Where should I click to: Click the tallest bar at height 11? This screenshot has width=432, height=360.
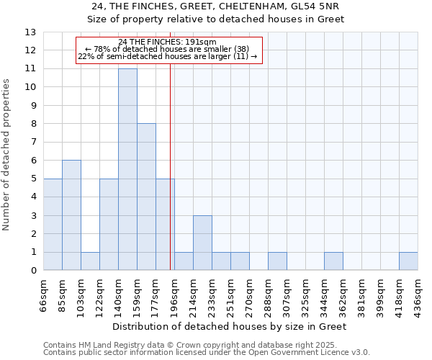(x=127, y=169)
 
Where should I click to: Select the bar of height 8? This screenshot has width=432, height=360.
(x=146, y=197)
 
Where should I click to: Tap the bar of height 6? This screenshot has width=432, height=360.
(x=71, y=215)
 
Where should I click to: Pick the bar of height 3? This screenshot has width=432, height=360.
(x=202, y=243)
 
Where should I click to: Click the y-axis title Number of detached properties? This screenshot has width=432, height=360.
(x=7, y=155)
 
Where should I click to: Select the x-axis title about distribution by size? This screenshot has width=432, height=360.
(x=230, y=326)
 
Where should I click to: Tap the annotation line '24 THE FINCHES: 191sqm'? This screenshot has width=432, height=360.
(x=167, y=42)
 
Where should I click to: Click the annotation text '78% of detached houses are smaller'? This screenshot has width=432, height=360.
(x=167, y=50)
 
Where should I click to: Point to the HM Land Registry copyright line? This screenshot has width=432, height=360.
(x=206, y=345)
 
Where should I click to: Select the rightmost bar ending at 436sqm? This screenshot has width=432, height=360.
(x=408, y=261)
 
